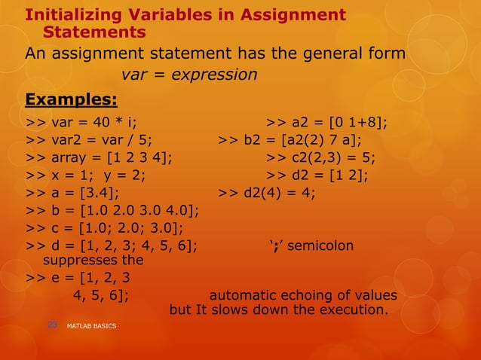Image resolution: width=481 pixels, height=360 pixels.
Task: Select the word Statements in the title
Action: (94, 32)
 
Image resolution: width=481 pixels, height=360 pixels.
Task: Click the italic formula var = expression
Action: (188, 75)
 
